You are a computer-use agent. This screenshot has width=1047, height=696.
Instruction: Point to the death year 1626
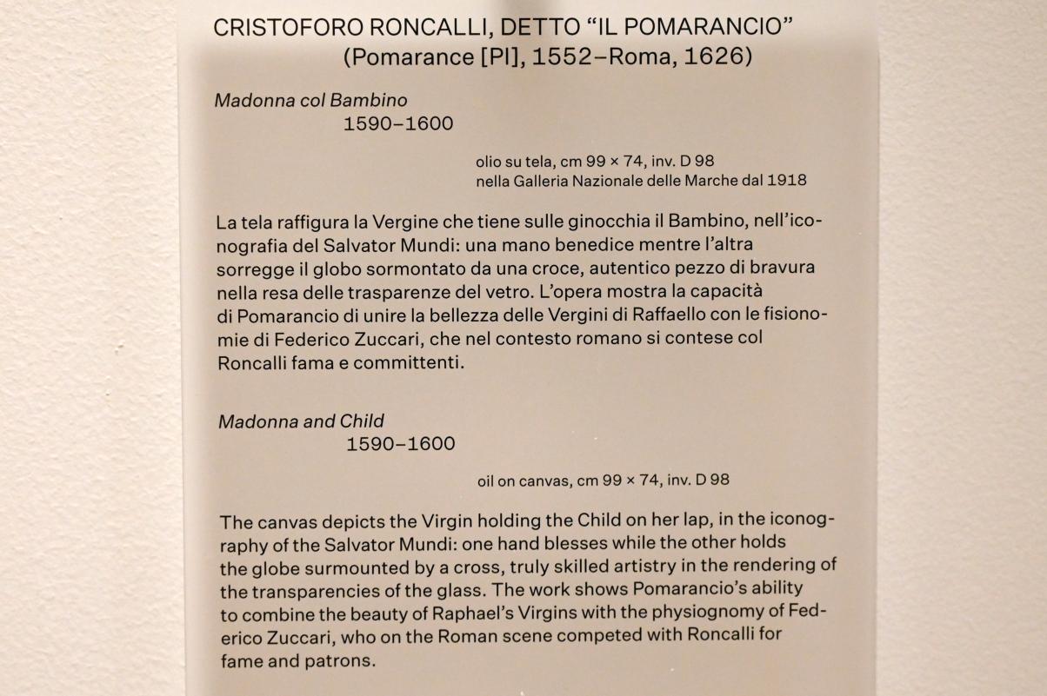click(x=720, y=57)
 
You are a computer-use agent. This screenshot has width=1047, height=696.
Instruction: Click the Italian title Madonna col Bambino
click(x=310, y=100)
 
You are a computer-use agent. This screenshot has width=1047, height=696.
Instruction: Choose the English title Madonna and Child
click(x=301, y=421)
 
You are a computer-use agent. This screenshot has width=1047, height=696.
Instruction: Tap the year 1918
click(x=787, y=181)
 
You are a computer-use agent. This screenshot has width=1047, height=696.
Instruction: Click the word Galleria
click(x=538, y=181)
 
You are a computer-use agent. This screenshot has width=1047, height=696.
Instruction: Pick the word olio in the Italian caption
click(x=489, y=161)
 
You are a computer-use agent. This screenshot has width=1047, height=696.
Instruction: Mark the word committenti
click(x=410, y=363)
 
